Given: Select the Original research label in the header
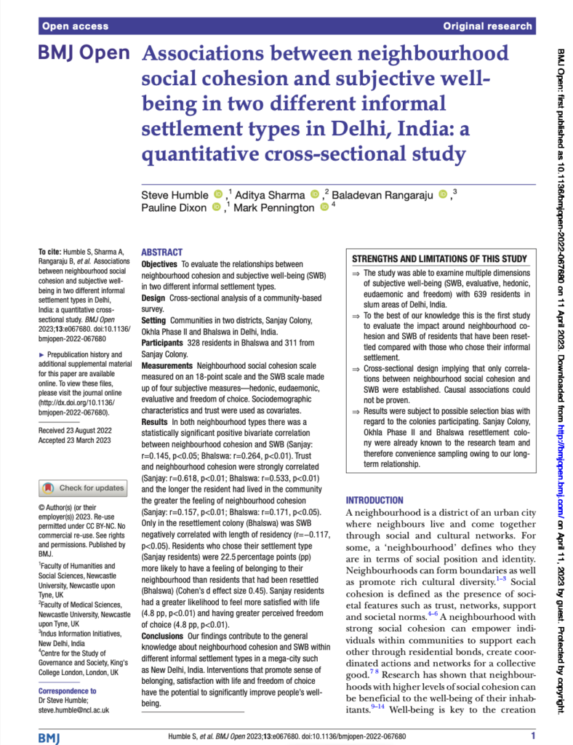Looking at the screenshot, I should (x=487, y=26).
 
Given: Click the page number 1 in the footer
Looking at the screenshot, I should (x=533, y=736).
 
